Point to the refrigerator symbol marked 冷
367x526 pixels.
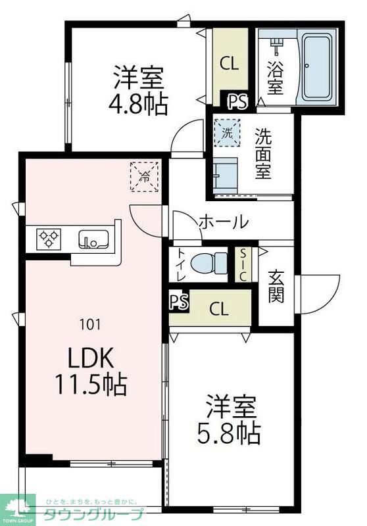coord(145,176)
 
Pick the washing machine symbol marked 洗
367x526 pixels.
coord(226,131)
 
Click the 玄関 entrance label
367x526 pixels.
coord(276,287)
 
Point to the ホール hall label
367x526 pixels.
coord(224,222)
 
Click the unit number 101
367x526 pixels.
coord(90,323)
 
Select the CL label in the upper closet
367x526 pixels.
coord(229,64)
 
